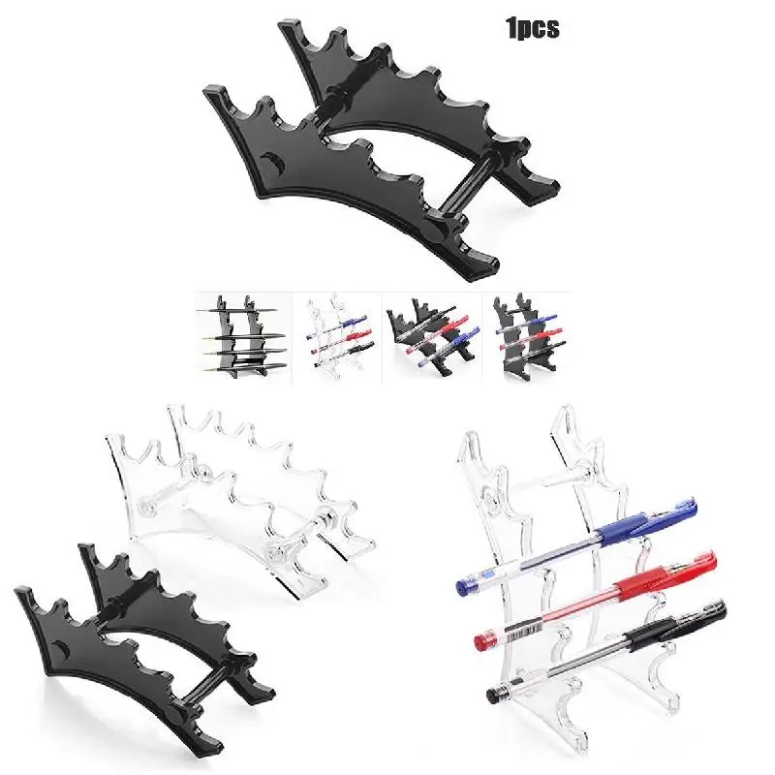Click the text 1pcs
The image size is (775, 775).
coord(532,28)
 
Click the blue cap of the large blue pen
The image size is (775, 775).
coord(678,510)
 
